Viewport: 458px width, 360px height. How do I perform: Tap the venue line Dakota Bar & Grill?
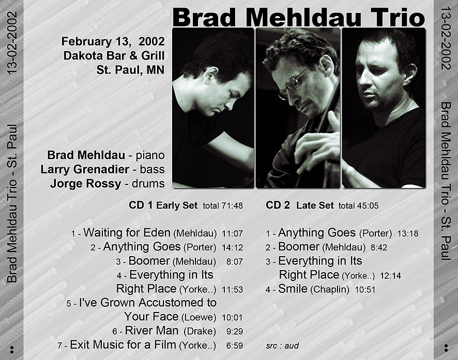[114, 55]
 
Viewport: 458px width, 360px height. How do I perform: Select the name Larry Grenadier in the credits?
[85, 169]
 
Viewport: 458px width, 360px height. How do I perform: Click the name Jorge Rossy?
[86, 183]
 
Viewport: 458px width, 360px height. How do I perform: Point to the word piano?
[150, 155]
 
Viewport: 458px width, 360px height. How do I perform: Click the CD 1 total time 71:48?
[232, 206]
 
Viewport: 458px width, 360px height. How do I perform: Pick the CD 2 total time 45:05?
[368, 206]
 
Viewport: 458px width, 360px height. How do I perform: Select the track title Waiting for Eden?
[127, 232]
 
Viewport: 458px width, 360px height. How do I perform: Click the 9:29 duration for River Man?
[235, 331]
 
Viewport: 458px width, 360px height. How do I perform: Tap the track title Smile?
[293, 289]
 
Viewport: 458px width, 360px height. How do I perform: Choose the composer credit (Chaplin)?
[330, 289]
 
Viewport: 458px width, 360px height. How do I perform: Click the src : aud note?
[282, 346]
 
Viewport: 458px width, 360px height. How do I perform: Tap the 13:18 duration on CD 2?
[408, 233]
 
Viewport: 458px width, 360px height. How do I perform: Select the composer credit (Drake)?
[200, 331]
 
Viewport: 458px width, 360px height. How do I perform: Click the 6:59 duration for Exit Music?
[235, 346]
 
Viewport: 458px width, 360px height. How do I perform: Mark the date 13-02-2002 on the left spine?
[12, 43]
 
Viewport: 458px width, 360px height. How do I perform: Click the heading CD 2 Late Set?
[300, 205]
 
